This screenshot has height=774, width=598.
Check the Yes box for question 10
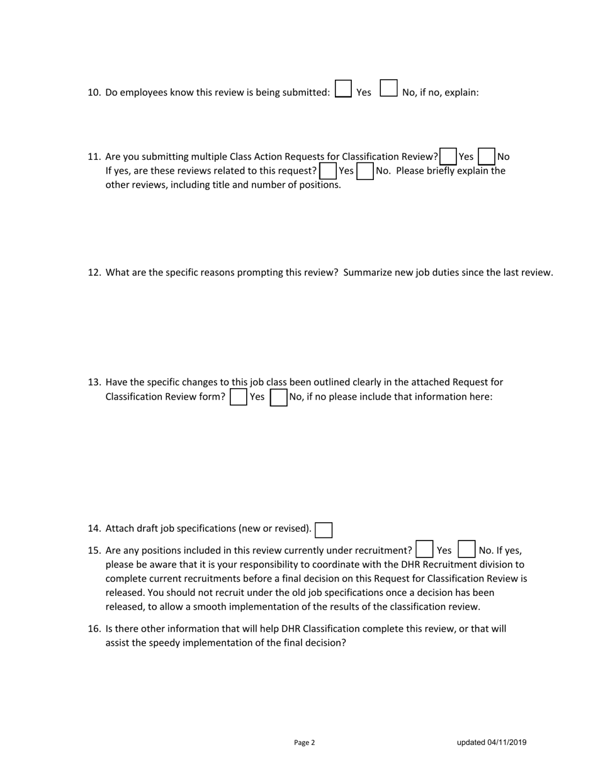click(343, 89)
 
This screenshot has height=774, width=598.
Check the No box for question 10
click(389, 89)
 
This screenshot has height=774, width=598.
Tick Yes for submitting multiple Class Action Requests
click(448, 156)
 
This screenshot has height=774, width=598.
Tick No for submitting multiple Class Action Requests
click(487, 156)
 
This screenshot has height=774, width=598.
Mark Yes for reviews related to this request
click(328, 171)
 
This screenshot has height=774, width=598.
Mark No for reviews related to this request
click(365, 171)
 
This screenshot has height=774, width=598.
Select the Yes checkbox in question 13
click(239, 397)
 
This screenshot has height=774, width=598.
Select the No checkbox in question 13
click(278, 397)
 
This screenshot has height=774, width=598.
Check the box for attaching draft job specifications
click(324, 530)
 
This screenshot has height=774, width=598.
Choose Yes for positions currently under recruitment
click(424, 549)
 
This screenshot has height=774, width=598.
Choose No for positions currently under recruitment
click(466, 549)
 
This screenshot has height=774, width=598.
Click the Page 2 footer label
click(304, 743)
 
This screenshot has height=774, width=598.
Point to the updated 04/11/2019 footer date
click(492, 743)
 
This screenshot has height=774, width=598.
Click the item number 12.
click(94, 272)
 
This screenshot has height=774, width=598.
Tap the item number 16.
click(94, 629)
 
